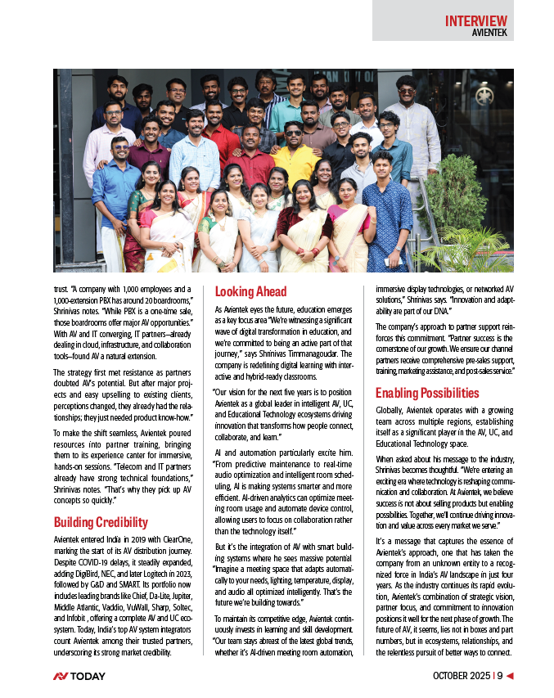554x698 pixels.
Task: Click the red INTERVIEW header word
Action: pos(475,20)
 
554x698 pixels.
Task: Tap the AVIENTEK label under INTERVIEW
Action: pos(489,34)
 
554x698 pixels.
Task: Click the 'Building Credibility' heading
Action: pos(101,522)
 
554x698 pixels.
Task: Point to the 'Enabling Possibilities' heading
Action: pos(427,393)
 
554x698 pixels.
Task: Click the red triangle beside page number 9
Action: pos(510,676)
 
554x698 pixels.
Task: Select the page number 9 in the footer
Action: pos(498,676)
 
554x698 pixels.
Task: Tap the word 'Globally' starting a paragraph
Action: pos(393,410)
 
